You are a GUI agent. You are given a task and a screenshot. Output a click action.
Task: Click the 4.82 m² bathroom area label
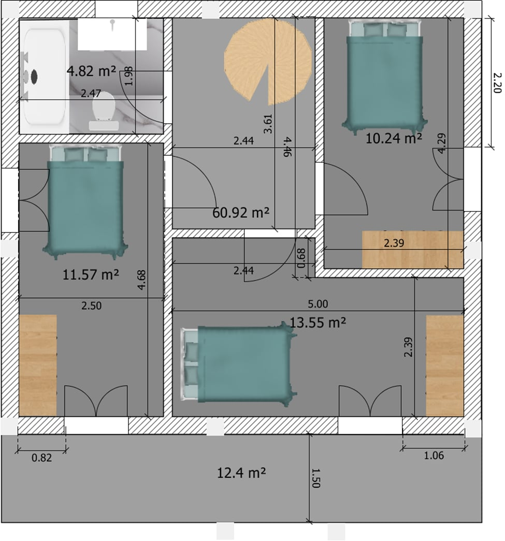91,71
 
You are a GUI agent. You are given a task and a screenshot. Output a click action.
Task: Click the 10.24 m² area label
394,138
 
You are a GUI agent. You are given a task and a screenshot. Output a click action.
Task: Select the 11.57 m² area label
91,274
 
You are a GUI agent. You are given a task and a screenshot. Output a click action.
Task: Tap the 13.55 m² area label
318,323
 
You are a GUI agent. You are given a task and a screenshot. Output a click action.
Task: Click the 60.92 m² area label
241,212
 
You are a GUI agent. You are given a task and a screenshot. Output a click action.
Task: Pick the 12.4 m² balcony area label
242,473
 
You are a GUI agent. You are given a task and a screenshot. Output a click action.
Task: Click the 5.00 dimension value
318,304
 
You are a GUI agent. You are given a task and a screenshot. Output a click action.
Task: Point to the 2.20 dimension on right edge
496,82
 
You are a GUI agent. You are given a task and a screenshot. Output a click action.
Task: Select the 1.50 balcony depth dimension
316,478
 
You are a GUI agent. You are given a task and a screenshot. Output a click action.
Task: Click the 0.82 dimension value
42,458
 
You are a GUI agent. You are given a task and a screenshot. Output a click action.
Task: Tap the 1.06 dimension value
434,456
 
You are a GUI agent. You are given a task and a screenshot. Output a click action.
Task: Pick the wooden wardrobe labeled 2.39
412,250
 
